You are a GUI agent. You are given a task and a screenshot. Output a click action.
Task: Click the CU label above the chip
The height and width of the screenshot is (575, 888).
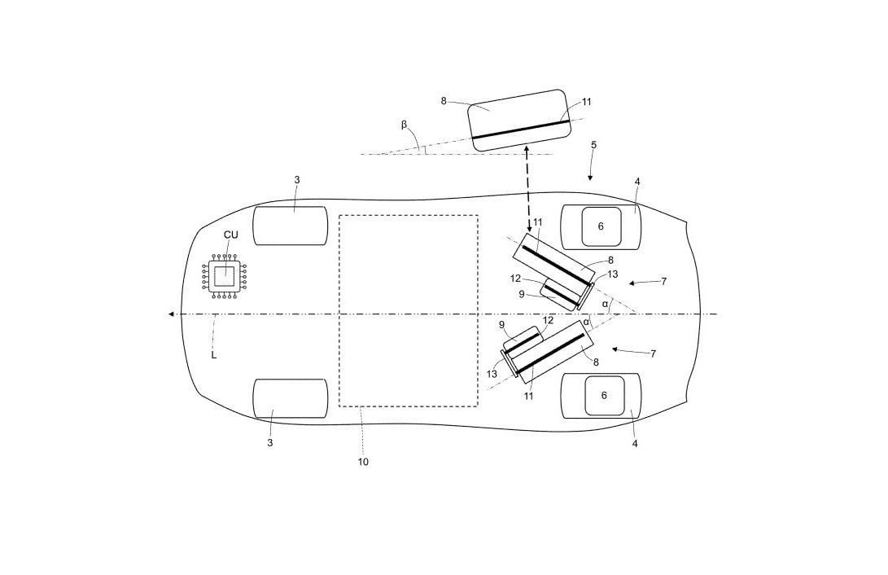point(231,235)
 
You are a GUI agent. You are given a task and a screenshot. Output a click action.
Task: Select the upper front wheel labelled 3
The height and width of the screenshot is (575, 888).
point(290,226)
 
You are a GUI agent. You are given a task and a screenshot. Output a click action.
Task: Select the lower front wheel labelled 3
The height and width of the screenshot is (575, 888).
point(290,398)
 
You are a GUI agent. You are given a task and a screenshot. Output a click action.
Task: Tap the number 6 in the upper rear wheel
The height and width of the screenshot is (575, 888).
point(601,226)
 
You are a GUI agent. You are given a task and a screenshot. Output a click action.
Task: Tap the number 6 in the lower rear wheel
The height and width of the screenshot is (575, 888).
point(604,395)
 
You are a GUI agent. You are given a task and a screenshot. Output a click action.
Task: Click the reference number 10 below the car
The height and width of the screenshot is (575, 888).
point(363,462)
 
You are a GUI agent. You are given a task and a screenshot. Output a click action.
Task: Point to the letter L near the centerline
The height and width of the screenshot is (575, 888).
point(213,355)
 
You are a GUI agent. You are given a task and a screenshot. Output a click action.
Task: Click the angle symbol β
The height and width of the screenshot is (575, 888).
point(404,125)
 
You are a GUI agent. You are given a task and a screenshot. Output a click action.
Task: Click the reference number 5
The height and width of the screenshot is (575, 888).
point(593,145)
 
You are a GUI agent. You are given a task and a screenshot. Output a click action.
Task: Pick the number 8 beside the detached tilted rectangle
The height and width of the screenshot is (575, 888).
point(444,101)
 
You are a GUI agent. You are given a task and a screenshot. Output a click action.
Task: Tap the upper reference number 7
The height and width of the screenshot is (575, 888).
point(664,281)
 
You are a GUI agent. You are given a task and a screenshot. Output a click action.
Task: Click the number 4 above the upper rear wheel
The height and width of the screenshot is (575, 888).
point(637,182)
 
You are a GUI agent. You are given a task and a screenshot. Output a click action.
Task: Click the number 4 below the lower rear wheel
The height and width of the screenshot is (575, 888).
point(635,444)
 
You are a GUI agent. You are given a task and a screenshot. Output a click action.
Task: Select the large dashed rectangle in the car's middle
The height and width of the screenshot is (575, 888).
point(408,310)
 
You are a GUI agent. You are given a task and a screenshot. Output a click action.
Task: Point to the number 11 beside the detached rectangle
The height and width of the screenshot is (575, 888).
point(587,103)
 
